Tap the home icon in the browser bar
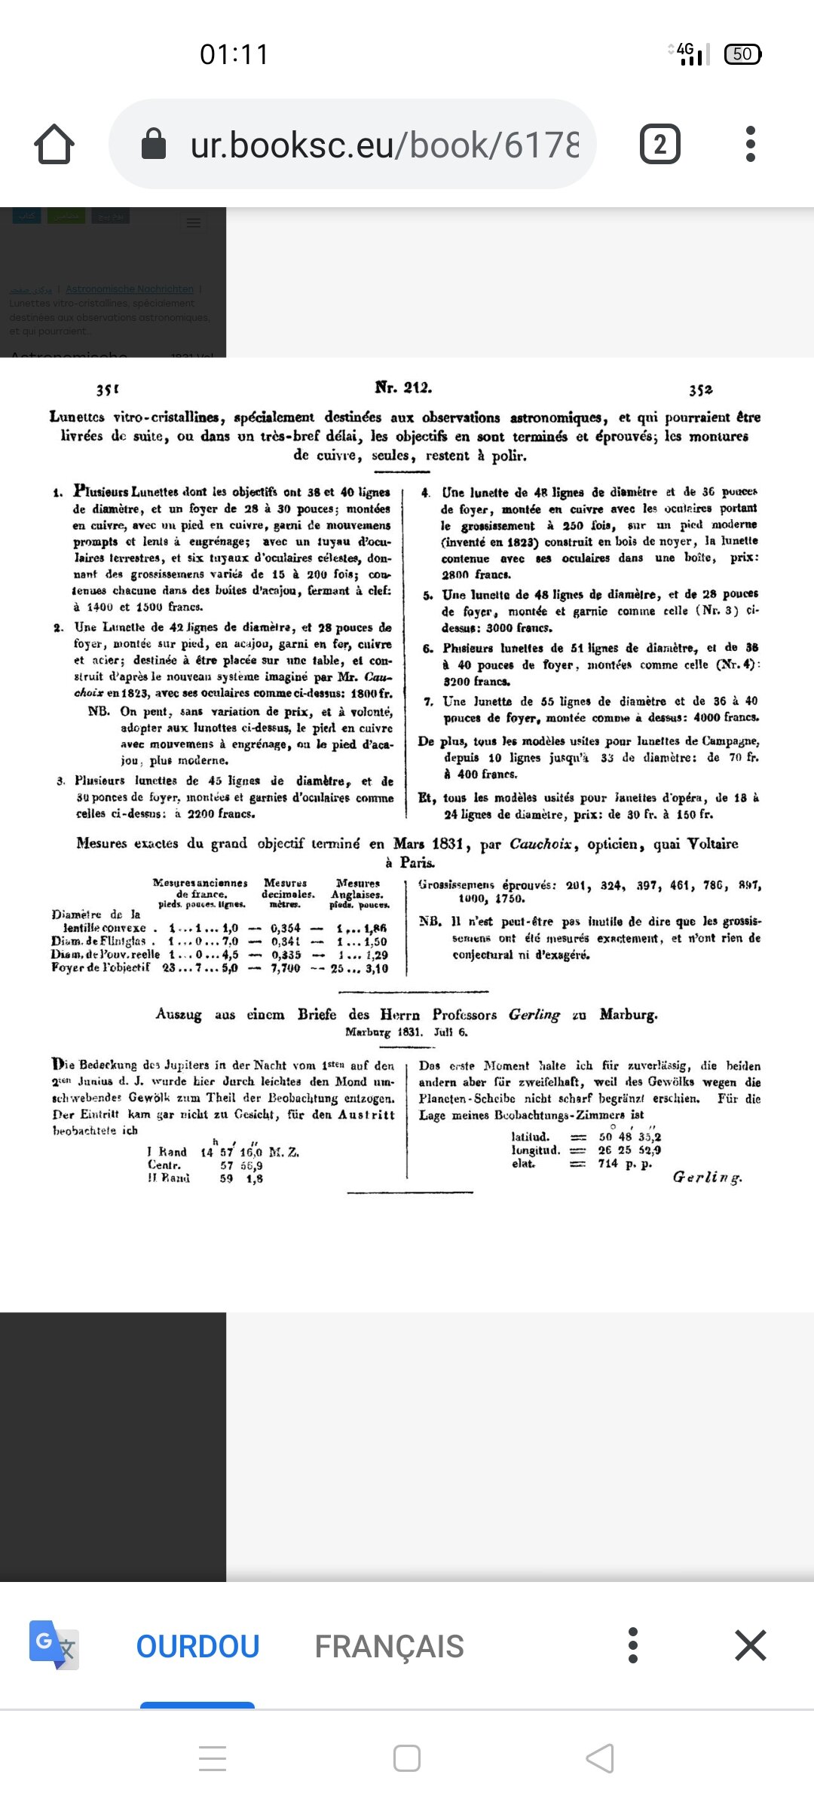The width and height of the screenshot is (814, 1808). (54, 144)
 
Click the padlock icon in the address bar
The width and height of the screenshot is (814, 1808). (154, 144)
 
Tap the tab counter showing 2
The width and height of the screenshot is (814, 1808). (659, 144)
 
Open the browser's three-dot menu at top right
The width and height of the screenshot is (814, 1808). (750, 144)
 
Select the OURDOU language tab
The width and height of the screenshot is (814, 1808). (197, 1646)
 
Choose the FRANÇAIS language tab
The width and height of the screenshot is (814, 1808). (389, 1646)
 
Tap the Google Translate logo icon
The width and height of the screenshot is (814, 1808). (54, 1645)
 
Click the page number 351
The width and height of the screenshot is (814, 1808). (108, 389)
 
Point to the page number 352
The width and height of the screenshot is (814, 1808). (700, 389)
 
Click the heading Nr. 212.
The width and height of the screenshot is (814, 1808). (403, 387)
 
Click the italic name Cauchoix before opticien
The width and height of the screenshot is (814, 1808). (540, 844)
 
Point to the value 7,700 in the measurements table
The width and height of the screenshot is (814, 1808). (286, 968)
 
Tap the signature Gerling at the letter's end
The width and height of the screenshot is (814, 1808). (707, 1177)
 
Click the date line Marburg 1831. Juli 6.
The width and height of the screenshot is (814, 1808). (406, 1032)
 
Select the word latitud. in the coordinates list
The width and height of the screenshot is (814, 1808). (531, 1137)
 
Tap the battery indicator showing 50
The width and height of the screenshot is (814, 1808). (742, 54)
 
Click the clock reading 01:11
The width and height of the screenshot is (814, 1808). (234, 54)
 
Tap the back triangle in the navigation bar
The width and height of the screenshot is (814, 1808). (600, 1758)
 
